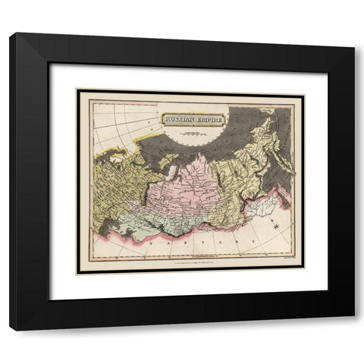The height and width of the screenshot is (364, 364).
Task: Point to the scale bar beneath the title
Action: click(x=193, y=127)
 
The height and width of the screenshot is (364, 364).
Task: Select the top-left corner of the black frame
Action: click(x=11, y=34)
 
